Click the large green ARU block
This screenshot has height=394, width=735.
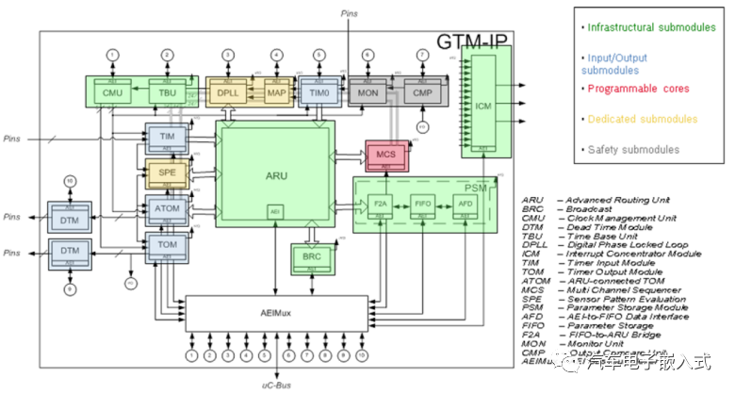pyautogui.click(x=274, y=174)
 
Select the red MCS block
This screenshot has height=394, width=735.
pyautogui.click(x=384, y=156)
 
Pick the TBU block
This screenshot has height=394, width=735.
pyautogui.click(x=166, y=92)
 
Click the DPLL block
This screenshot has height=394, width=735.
pyautogui.click(x=227, y=92)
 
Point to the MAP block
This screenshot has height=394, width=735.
pyautogui.click(x=276, y=92)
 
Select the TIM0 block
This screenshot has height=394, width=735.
pyautogui.click(x=319, y=92)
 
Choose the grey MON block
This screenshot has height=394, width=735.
pyautogui.click(x=368, y=92)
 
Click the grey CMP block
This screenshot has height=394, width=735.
pyautogui.click(x=421, y=92)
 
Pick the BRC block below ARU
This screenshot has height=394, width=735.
pyautogui.click(x=310, y=256)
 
